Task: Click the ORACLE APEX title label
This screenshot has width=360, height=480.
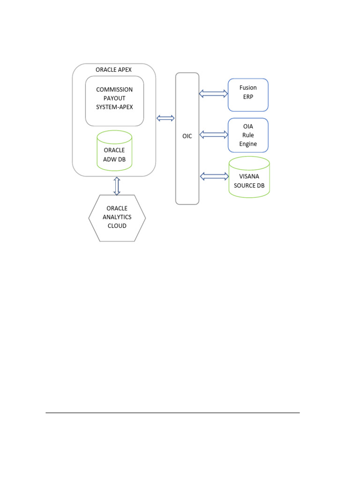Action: [113, 70]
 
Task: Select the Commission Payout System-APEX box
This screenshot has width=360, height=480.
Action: [114, 101]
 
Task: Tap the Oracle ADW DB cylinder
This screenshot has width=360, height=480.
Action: [114, 150]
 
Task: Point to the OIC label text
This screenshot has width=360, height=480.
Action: [187, 136]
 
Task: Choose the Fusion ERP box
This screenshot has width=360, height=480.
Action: [248, 95]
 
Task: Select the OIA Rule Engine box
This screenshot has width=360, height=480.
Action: [248, 135]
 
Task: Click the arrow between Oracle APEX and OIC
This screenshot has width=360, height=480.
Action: [165, 118]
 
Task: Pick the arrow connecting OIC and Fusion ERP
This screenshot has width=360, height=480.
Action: [213, 94]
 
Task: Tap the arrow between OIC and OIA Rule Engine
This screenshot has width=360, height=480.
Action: [213, 135]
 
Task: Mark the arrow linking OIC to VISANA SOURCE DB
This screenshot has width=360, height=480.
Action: [214, 176]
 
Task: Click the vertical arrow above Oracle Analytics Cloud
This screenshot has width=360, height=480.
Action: [117, 186]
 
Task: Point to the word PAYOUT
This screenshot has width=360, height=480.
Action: [114, 98]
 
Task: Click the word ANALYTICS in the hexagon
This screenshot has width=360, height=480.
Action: [117, 217]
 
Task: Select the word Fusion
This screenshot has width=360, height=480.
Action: [248, 88]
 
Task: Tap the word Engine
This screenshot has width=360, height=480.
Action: [248, 144]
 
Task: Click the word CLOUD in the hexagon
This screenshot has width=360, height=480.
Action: [117, 225]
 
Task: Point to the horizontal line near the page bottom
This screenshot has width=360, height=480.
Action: [172, 413]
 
